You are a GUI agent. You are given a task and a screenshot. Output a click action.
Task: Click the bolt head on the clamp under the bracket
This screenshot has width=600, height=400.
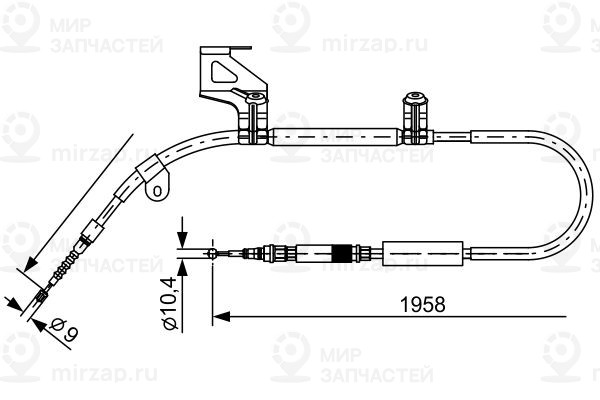tap(255, 99)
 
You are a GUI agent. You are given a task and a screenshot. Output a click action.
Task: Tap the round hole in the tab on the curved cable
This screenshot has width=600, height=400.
tap(156, 187)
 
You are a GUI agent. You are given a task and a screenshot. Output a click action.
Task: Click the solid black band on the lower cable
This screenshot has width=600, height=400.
tap(346, 252)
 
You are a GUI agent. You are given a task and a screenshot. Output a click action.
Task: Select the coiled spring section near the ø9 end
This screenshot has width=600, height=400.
tap(65, 266)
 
